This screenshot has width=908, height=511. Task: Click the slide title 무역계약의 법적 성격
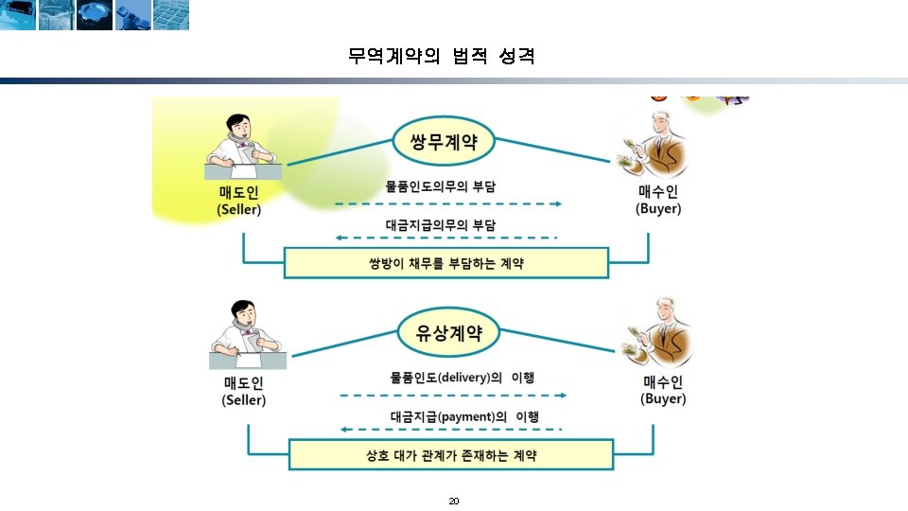coord(442,57)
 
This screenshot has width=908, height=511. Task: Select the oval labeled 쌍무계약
coord(444,143)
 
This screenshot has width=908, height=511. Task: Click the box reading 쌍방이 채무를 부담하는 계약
coord(446,262)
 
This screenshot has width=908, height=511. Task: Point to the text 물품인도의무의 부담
coord(441,186)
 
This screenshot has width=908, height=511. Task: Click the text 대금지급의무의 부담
coord(441,224)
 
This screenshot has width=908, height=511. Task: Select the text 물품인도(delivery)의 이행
coord(463,377)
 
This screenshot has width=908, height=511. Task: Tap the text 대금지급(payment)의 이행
coord(463,416)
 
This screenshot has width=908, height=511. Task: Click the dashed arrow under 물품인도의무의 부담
coord(449,203)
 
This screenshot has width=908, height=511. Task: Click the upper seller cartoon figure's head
coord(239,128)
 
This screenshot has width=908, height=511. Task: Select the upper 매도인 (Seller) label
coord(238,201)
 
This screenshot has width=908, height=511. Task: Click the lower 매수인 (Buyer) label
coord(663,391)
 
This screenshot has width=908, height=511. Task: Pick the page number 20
coord(453,501)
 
